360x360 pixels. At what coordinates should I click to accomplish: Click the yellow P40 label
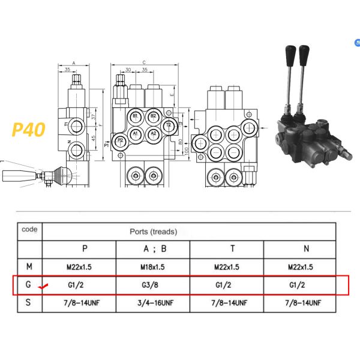coord(29,130)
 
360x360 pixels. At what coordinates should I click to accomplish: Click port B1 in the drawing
coord(136,116)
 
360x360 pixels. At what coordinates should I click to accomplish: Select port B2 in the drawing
coord(153,116)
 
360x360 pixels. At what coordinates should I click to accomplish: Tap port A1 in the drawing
coord(136,133)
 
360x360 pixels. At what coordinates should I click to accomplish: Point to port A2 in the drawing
coord(153,133)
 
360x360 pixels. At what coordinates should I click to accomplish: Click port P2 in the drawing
coord(121,141)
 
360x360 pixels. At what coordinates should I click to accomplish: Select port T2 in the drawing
coord(170,124)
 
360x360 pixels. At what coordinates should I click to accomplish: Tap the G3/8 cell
coord(153,284)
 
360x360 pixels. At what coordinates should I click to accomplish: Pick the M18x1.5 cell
coord(153,266)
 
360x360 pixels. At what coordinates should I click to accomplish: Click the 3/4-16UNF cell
coord(153,303)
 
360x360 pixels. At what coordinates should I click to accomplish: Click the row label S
coord(28,303)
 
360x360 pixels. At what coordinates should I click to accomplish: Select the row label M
coord(28,266)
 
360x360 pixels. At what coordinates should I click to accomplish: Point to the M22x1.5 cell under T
coord(226,266)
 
